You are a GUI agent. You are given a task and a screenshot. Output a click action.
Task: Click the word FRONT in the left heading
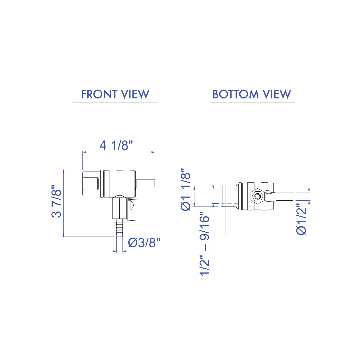click(x=99, y=94)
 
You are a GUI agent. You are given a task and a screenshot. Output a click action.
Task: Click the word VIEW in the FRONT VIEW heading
click(x=135, y=94)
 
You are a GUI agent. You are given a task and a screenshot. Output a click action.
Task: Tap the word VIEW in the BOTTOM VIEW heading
click(x=277, y=94)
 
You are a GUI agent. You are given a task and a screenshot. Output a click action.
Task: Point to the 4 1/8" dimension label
click(x=116, y=145)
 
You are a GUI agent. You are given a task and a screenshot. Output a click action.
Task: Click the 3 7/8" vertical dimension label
click(x=56, y=201)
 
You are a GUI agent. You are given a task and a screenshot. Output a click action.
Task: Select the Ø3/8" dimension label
click(x=144, y=243)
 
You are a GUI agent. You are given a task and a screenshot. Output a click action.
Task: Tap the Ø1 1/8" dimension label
click(x=186, y=189)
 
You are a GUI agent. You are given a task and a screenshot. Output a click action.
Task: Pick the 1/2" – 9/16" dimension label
click(x=204, y=244)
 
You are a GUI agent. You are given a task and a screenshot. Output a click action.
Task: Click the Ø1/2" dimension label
click(x=301, y=219)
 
